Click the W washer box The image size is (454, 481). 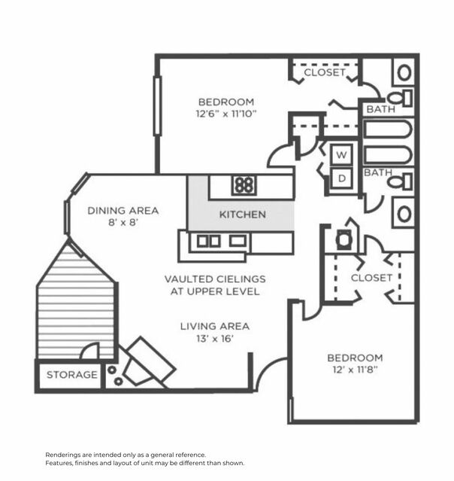point(342,154)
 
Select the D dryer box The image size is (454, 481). point(342,178)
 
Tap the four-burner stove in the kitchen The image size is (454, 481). point(243,185)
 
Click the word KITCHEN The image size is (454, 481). point(242,215)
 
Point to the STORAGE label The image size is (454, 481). point(72,375)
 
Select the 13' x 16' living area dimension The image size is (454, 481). point(214,339)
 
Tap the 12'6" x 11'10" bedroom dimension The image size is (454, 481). point(225,115)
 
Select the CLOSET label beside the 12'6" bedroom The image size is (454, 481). point(325,73)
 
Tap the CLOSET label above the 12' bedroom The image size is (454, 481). point(371,278)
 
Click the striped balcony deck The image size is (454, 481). point(75,305)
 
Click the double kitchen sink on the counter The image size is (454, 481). point(209,241)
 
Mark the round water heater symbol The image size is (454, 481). point(344,240)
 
